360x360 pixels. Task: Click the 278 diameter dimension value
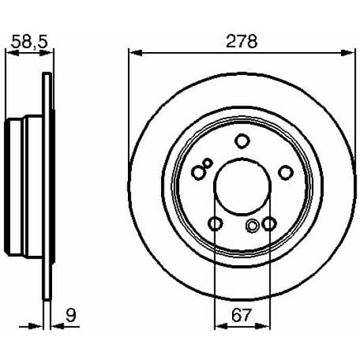tap(242, 41)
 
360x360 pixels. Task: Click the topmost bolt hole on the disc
tap(242, 141)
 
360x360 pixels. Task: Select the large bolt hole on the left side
tap(198, 173)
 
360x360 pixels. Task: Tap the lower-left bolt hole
tap(215, 224)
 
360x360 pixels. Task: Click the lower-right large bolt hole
tap(269, 224)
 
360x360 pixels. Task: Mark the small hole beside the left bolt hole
tap(208, 162)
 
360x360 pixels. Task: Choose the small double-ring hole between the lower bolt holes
tap(252, 226)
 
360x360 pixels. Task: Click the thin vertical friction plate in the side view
tap(47, 189)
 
